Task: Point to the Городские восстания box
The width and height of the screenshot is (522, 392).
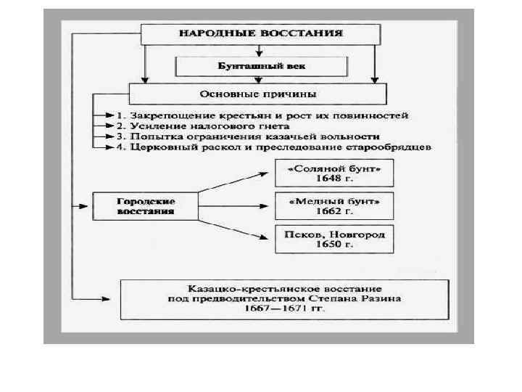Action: pos(145,205)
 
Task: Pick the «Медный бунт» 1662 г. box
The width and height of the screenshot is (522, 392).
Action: pos(333,205)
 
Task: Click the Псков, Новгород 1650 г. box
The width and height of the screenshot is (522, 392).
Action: pos(333,239)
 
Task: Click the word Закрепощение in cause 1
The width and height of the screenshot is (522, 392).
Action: pos(159,116)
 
